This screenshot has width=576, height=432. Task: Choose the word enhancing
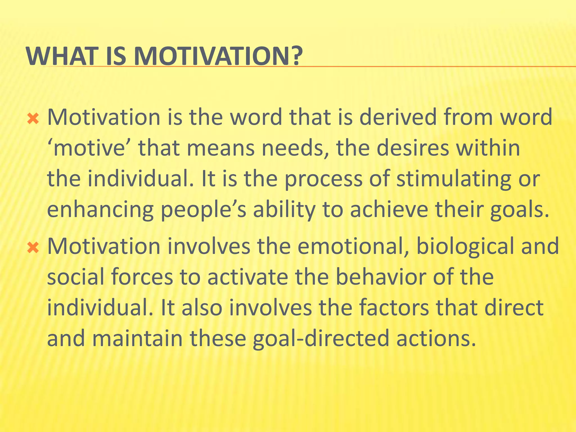[x=100, y=210]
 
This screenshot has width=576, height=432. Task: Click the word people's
[x=203, y=210]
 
